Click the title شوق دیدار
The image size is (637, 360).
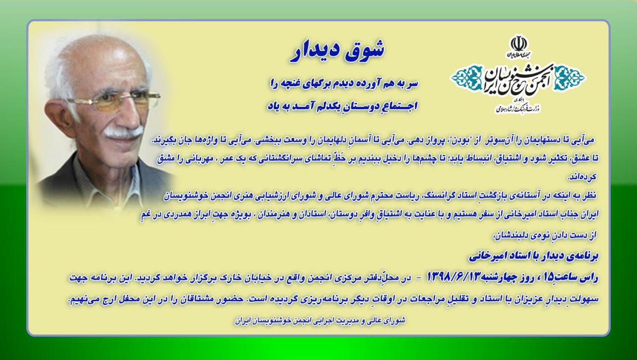[337, 51]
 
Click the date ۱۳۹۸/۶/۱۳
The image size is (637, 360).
[454, 277]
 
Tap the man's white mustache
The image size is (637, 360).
[123, 132]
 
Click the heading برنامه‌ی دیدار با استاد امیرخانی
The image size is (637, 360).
[533, 256]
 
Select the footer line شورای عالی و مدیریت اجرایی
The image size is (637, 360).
[320, 321]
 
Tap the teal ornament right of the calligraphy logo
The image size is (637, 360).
[570, 77]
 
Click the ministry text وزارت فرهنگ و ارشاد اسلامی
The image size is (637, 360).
[518, 109]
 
